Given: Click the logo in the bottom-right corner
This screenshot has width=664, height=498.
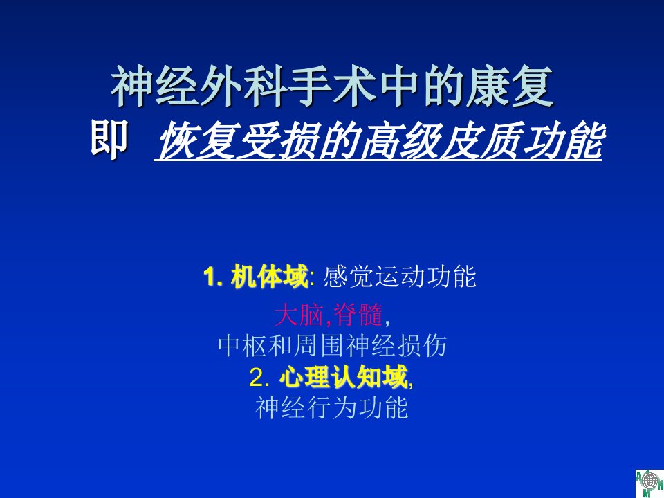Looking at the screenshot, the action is (649, 483).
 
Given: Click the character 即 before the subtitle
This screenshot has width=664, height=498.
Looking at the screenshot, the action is (109, 138).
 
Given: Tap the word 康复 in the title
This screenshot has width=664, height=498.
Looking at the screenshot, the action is (510, 86).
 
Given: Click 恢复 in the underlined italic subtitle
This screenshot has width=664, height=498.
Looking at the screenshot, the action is (197, 141).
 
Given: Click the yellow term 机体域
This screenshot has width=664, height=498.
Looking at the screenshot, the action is (269, 277).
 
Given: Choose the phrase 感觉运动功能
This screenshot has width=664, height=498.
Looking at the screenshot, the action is (400, 277).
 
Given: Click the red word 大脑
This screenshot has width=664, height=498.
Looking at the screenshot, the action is (299, 315).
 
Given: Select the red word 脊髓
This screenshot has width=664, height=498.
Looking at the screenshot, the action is (358, 315).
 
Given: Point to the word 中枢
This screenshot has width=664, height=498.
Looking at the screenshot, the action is (243, 346).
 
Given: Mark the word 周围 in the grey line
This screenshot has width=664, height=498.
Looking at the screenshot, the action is (320, 346).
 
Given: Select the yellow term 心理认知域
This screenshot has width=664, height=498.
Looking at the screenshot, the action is (344, 376).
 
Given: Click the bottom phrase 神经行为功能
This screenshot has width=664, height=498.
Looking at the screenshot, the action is (332, 407).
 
